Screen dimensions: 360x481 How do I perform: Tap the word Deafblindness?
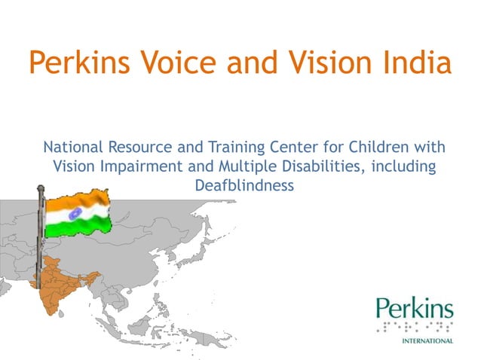(244, 185)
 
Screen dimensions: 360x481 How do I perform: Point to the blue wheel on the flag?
(75, 214)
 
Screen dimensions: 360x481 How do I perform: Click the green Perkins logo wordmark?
(415, 309)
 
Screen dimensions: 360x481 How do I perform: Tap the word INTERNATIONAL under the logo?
(426, 340)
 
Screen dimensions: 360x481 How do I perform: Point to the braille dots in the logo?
(415, 327)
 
